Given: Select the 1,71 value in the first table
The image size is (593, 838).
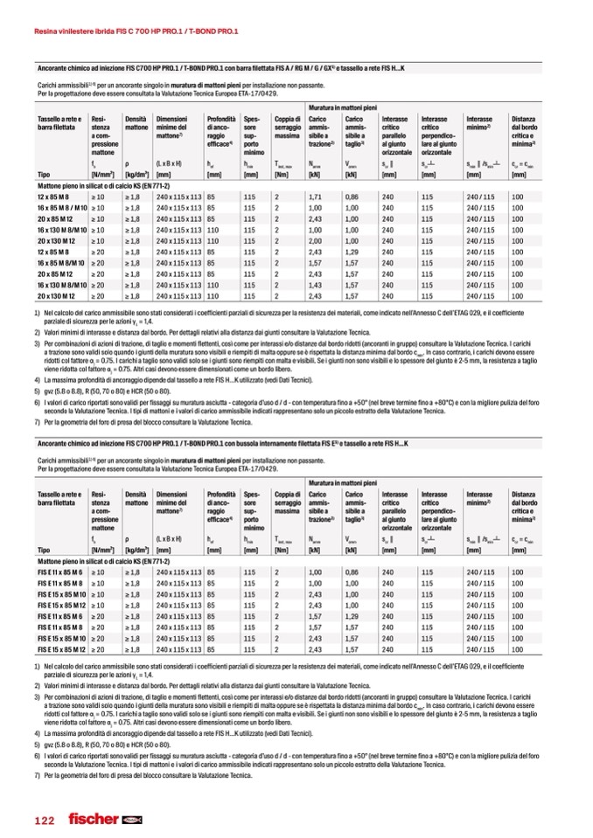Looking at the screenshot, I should pos(317,197).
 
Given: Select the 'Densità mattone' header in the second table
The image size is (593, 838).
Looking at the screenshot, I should pos(136,499).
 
